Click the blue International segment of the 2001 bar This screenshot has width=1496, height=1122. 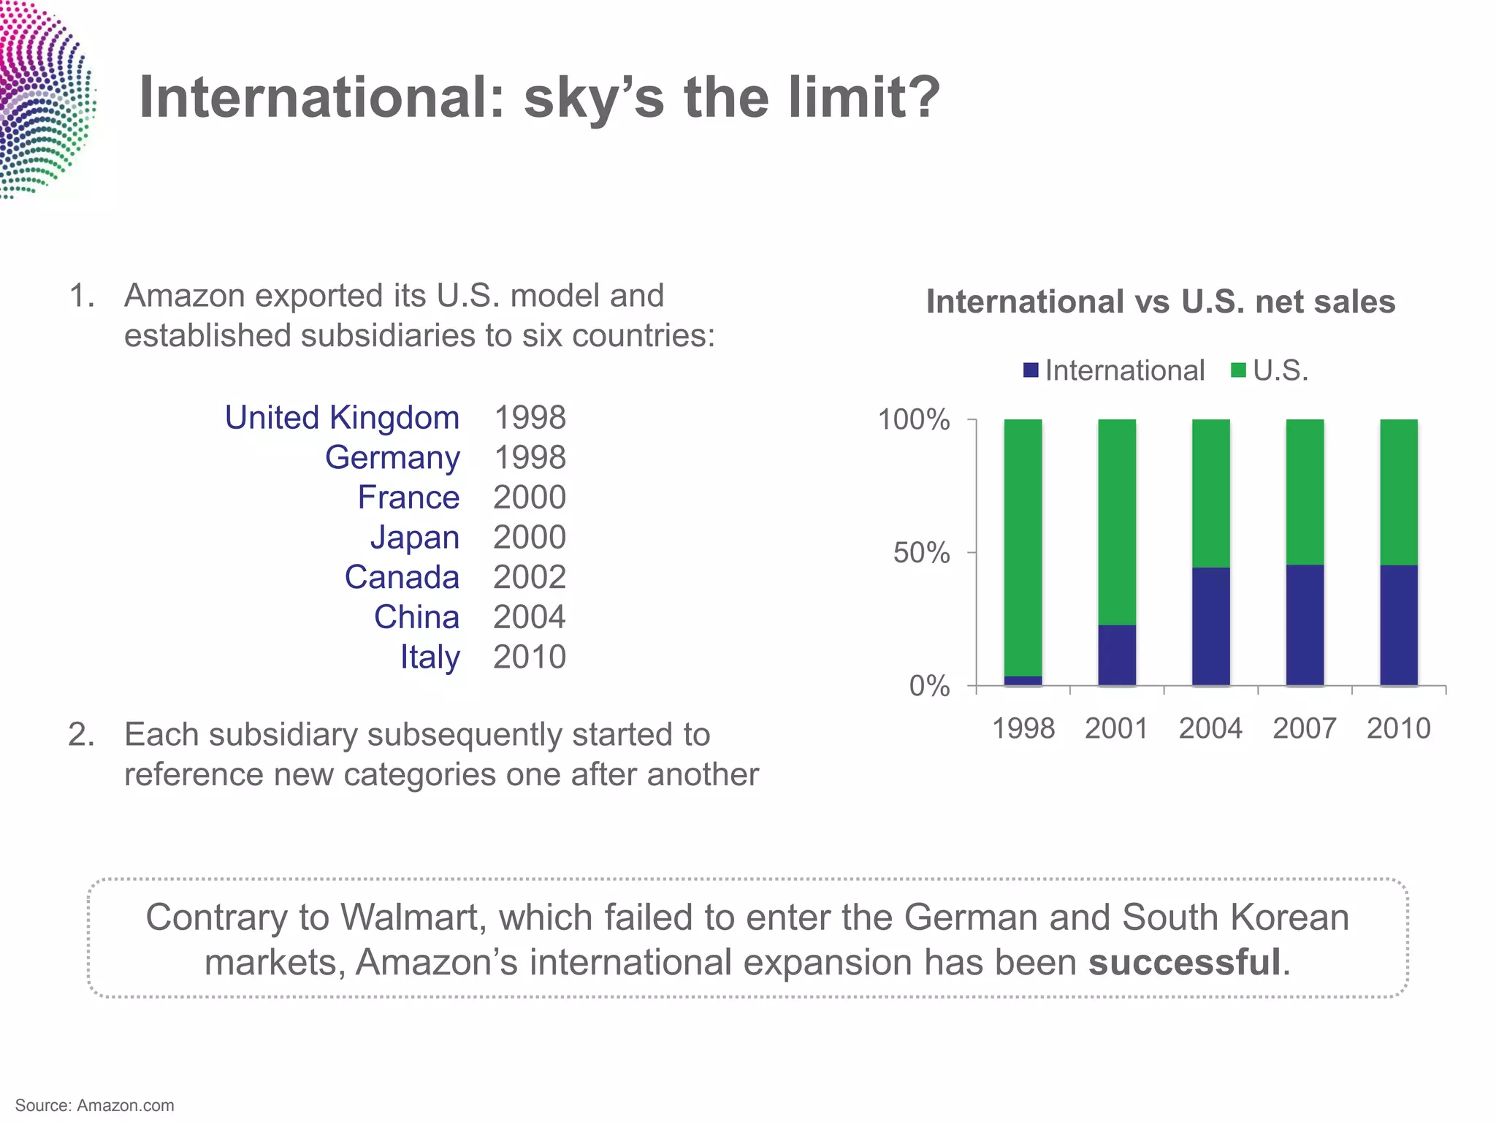click(x=1117, y=654)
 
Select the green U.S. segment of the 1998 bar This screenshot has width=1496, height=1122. click(x=1023, y=548)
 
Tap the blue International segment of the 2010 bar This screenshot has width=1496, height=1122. click(x=1398, y=625)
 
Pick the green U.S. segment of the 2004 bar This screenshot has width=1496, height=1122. click(x=1210, y=493)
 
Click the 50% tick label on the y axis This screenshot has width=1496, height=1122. click(x=921, y=553)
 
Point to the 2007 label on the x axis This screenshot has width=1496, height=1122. click(x=1304, y=728)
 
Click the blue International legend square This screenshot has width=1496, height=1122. click(x=1031, y=370)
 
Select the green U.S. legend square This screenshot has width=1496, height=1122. click(x=1238, y=370)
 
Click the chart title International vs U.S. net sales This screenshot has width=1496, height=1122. click(x=1160, y=302)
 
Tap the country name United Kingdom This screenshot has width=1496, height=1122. click(x=342, y=418)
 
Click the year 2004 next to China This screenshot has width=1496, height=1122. click(x=529, y=617)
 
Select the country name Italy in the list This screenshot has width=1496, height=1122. click(x=430, y=657)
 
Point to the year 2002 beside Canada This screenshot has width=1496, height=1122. click(x=529, y=577)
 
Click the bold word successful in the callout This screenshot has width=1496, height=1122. click(x=1184, y=962)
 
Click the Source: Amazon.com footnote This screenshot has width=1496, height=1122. click(x=95, y=1105)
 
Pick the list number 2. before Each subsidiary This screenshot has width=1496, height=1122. click(x=81, y=735)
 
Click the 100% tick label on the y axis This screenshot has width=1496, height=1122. click(x=913, y=420)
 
